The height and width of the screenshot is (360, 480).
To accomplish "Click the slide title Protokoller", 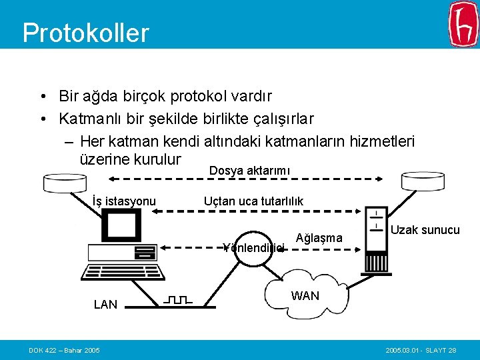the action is point(85,32).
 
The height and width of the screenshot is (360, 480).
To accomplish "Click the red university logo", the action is point(463,24).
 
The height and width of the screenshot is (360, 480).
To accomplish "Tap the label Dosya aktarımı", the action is point(249,171).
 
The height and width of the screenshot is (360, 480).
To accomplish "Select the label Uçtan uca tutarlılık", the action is point(253,201).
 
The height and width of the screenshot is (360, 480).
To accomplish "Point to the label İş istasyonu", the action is point(124,201).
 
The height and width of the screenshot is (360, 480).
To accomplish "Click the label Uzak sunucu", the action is point(425,230).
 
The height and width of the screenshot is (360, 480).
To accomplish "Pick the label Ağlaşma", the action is point(319,238).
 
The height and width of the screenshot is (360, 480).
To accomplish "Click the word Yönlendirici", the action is point(254,248).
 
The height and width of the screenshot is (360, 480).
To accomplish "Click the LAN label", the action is point(105,305).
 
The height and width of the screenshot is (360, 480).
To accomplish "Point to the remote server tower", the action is point(376,240).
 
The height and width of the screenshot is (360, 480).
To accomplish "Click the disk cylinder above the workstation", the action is point(67,181).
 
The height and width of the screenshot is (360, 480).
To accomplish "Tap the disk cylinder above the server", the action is point(423,180).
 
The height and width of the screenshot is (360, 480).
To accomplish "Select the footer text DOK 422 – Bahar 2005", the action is point(64,350).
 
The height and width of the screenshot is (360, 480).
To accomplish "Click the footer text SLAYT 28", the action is point(440,350).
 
